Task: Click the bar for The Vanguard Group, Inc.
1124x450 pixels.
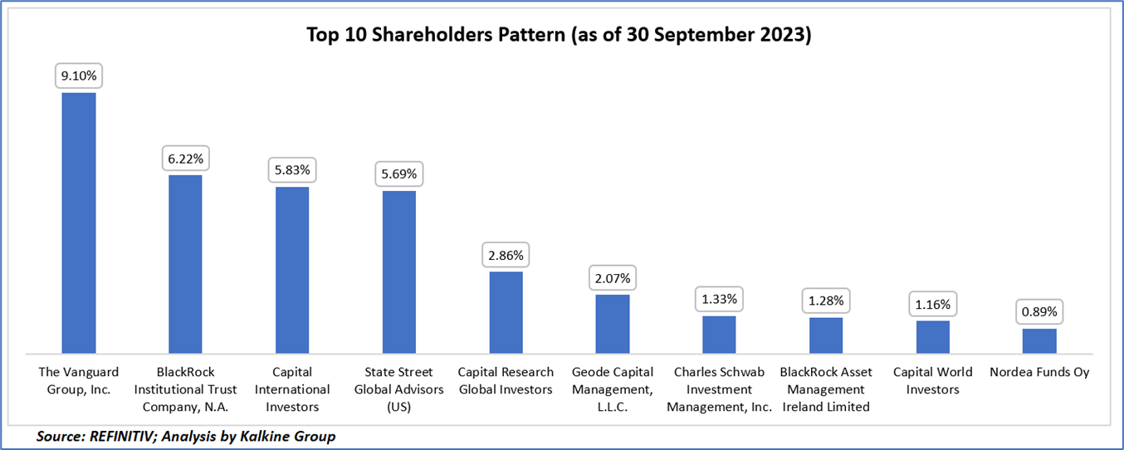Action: pyautogui.click(x=79, y=223)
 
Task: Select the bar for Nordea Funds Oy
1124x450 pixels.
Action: pyautogui.click(x=1039, y=341)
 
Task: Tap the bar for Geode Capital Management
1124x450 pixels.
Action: pyautogui.click(x=613, y=324)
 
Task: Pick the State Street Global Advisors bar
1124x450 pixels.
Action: pyautogui.click(x=399, y=272)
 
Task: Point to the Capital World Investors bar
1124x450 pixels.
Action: pyautogui.click(x=933, y=337)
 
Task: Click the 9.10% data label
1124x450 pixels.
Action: pyautogui.click(x=79, y=76)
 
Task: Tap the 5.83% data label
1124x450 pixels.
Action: pyautogui.click(x=292, y=170)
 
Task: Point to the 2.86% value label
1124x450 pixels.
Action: pyautogui.click(x=506, y=255)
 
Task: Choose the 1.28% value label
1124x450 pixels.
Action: pyautogui.click(x=826, y=301)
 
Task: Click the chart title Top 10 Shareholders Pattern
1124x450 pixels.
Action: pyautogui.click(x=561, y=36)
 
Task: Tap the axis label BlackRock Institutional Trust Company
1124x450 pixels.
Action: pyautogui.click(x=185, y=389)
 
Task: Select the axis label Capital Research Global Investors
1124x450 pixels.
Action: pyautogui.click(x=506, y=381)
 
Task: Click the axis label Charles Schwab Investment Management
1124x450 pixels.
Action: pyautogui.click(x=719, y=389)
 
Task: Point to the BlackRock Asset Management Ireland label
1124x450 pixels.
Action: pyautogui.click(x=826, y=389)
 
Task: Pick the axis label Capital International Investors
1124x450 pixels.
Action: pyautogui.click(x=292, y=389)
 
